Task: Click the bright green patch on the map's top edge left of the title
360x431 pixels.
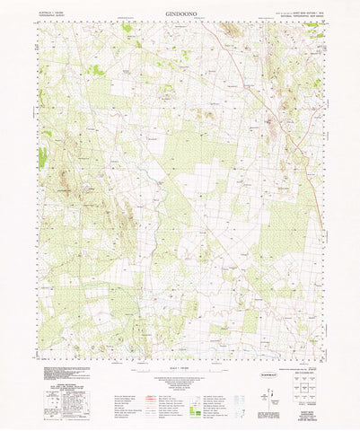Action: coord(127,27)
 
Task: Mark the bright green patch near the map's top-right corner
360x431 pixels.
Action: coord(313,28)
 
